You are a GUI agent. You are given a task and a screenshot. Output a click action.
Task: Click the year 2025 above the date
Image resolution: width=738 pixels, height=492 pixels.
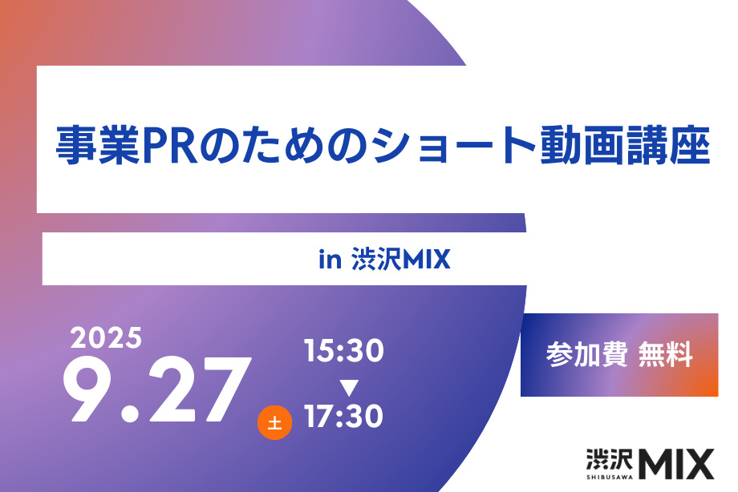[x=106, y=337]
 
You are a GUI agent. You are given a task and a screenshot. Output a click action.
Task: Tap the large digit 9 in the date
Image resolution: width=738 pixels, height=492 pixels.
[x=87, y=389]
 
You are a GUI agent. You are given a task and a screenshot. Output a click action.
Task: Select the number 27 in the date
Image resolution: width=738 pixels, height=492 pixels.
[x=200, y=389]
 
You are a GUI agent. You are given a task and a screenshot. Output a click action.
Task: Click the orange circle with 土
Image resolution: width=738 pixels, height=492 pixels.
[x=274, y=422]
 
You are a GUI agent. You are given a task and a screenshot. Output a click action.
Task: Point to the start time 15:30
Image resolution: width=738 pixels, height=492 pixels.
[x=343, y=351]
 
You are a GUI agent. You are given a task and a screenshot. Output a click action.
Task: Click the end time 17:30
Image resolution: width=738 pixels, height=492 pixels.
[x=343, y=416]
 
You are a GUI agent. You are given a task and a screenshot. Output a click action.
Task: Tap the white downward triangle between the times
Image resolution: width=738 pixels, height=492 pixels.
[x=349, y=388]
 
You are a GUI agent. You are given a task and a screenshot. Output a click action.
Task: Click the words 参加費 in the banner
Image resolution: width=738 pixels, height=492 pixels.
[x=586, y=355]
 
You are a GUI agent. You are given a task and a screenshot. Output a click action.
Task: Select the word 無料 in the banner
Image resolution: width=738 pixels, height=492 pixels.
[x=666, y=355]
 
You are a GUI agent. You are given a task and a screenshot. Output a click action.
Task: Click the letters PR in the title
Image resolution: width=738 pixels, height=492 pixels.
[x=170, y=145]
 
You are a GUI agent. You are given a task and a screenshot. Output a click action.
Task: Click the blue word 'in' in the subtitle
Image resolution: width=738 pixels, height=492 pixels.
[x=330, y=259]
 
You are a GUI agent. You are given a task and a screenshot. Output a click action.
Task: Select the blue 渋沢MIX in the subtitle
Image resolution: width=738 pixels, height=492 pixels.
[x=401, y=259]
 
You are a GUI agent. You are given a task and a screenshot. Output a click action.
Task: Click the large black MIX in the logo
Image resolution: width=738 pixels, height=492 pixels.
[x=676, y=464]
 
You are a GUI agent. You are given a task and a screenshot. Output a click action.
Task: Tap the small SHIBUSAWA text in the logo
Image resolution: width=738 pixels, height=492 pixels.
[x=610, y=477]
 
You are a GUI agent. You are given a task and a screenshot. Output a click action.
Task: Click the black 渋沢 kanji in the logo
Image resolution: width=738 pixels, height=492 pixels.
[x=610, y=459]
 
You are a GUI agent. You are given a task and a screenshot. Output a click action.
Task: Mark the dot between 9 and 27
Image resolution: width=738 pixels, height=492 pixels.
[x=130, y=413]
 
